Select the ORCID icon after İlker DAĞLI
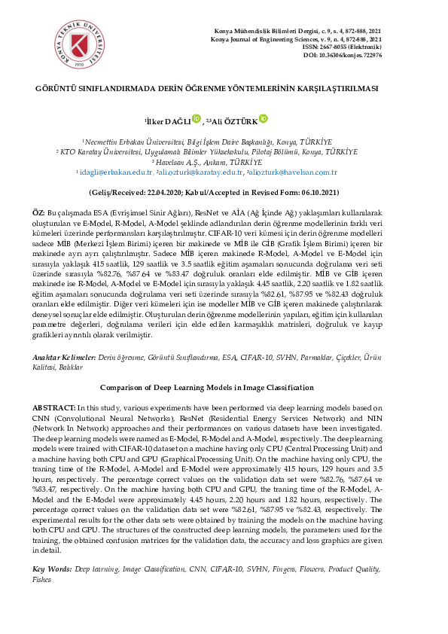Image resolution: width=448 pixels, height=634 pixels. point(197,117)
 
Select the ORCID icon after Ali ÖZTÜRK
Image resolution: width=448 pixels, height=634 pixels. point(264,117)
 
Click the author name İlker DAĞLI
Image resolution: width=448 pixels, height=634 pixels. point(168,120)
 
